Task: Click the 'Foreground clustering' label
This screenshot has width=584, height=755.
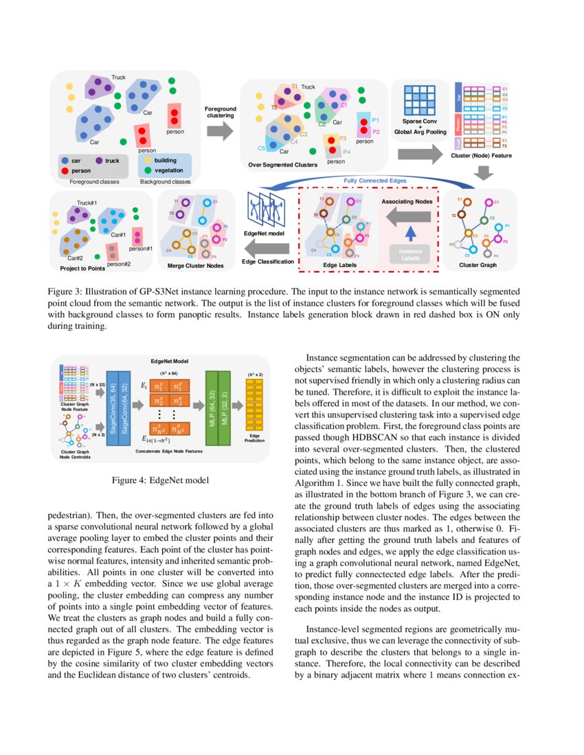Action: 221,112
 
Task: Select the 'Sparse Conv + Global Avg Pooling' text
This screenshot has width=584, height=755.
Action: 420,126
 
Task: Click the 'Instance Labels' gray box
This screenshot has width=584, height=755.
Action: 411,254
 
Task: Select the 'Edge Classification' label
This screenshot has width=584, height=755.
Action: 267,262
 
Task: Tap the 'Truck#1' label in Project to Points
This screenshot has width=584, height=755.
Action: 86,202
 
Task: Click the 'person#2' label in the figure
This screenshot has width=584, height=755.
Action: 119,264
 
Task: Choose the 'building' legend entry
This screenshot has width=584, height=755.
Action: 165,160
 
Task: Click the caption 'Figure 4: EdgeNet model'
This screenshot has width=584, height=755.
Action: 160,480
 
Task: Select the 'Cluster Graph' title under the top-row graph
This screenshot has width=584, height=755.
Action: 478,264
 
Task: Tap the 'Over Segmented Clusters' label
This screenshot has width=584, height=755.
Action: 283,165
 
